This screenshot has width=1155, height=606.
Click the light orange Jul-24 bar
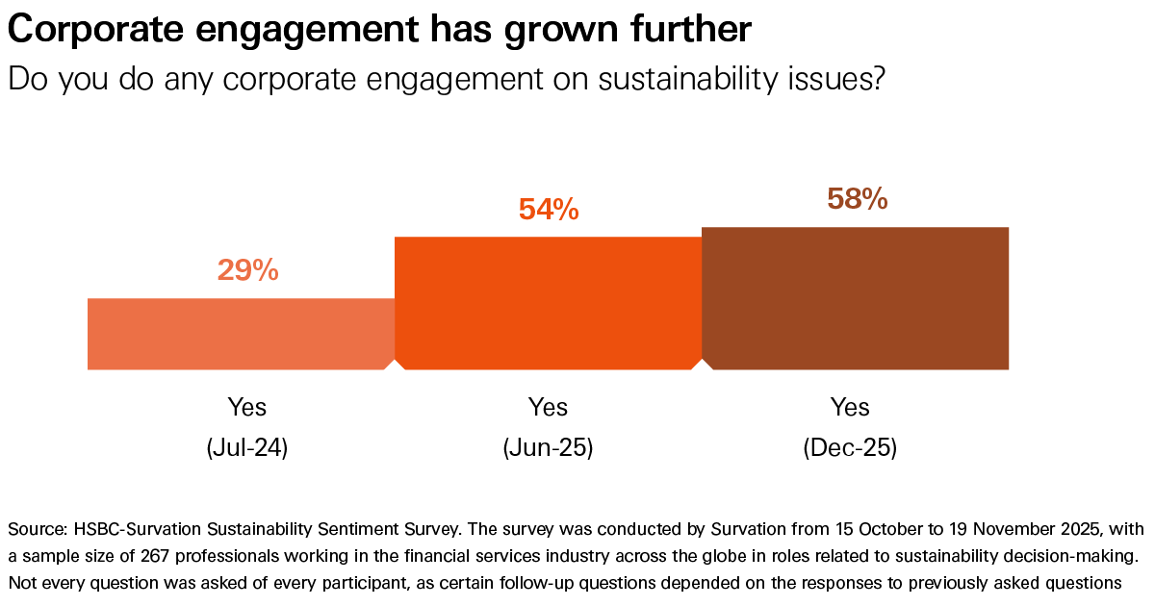point(241,334)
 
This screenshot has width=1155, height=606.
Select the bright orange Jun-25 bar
point(549,303)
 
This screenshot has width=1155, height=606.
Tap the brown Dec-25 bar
point(855,298)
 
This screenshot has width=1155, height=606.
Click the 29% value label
point(247,271)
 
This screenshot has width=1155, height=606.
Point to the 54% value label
point(549,209)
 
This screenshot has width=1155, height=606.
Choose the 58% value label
point(857,199)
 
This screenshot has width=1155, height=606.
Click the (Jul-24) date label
point(247,448)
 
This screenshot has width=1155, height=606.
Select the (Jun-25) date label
point(548,448)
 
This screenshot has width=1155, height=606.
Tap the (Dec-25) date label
point(850,448)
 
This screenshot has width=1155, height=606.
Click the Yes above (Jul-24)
point(247,407)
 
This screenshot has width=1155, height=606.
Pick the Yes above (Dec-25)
point(850,407)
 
